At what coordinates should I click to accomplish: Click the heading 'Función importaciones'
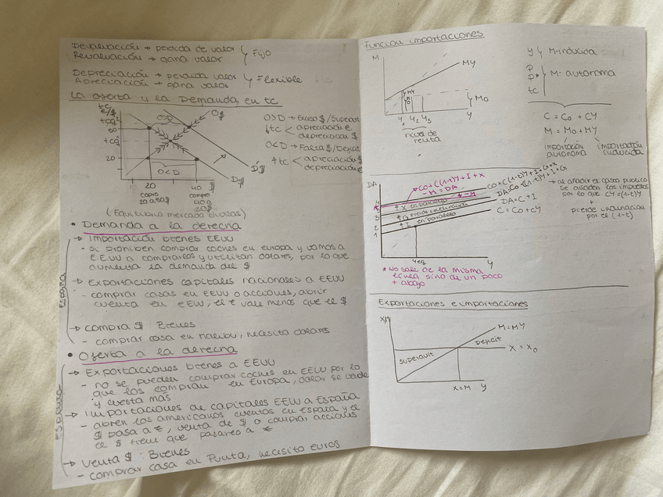coord(423,36)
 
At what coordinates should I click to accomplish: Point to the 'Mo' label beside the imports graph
coord(481,98)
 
